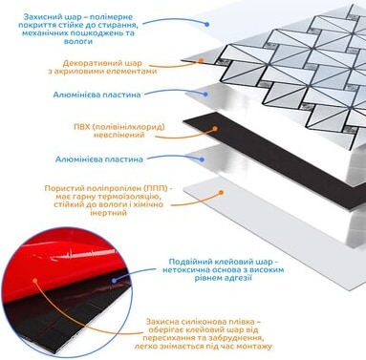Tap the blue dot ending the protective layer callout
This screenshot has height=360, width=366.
click(x=207, y=24)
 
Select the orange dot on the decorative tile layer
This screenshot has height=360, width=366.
click(x=201, y=60)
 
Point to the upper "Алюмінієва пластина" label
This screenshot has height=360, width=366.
click(x=97, y=95)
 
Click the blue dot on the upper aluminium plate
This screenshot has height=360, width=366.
click(x=205, y=95)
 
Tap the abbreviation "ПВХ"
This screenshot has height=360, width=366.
click(x=81, y=127)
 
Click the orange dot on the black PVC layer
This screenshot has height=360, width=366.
click(x=215, y=129)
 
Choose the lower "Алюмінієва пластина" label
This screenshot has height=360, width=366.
click(x=98, y=159)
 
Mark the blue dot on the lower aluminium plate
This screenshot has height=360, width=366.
click(x=202, y=159)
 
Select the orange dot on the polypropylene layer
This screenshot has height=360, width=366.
click(x=221, y=192)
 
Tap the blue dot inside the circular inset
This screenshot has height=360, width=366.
click(x=115, y=281)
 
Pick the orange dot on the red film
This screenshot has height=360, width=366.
click(x=35, y=281)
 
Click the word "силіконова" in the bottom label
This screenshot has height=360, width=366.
click(x=205, y=322)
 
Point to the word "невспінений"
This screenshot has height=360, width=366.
click(x=119, y=135)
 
